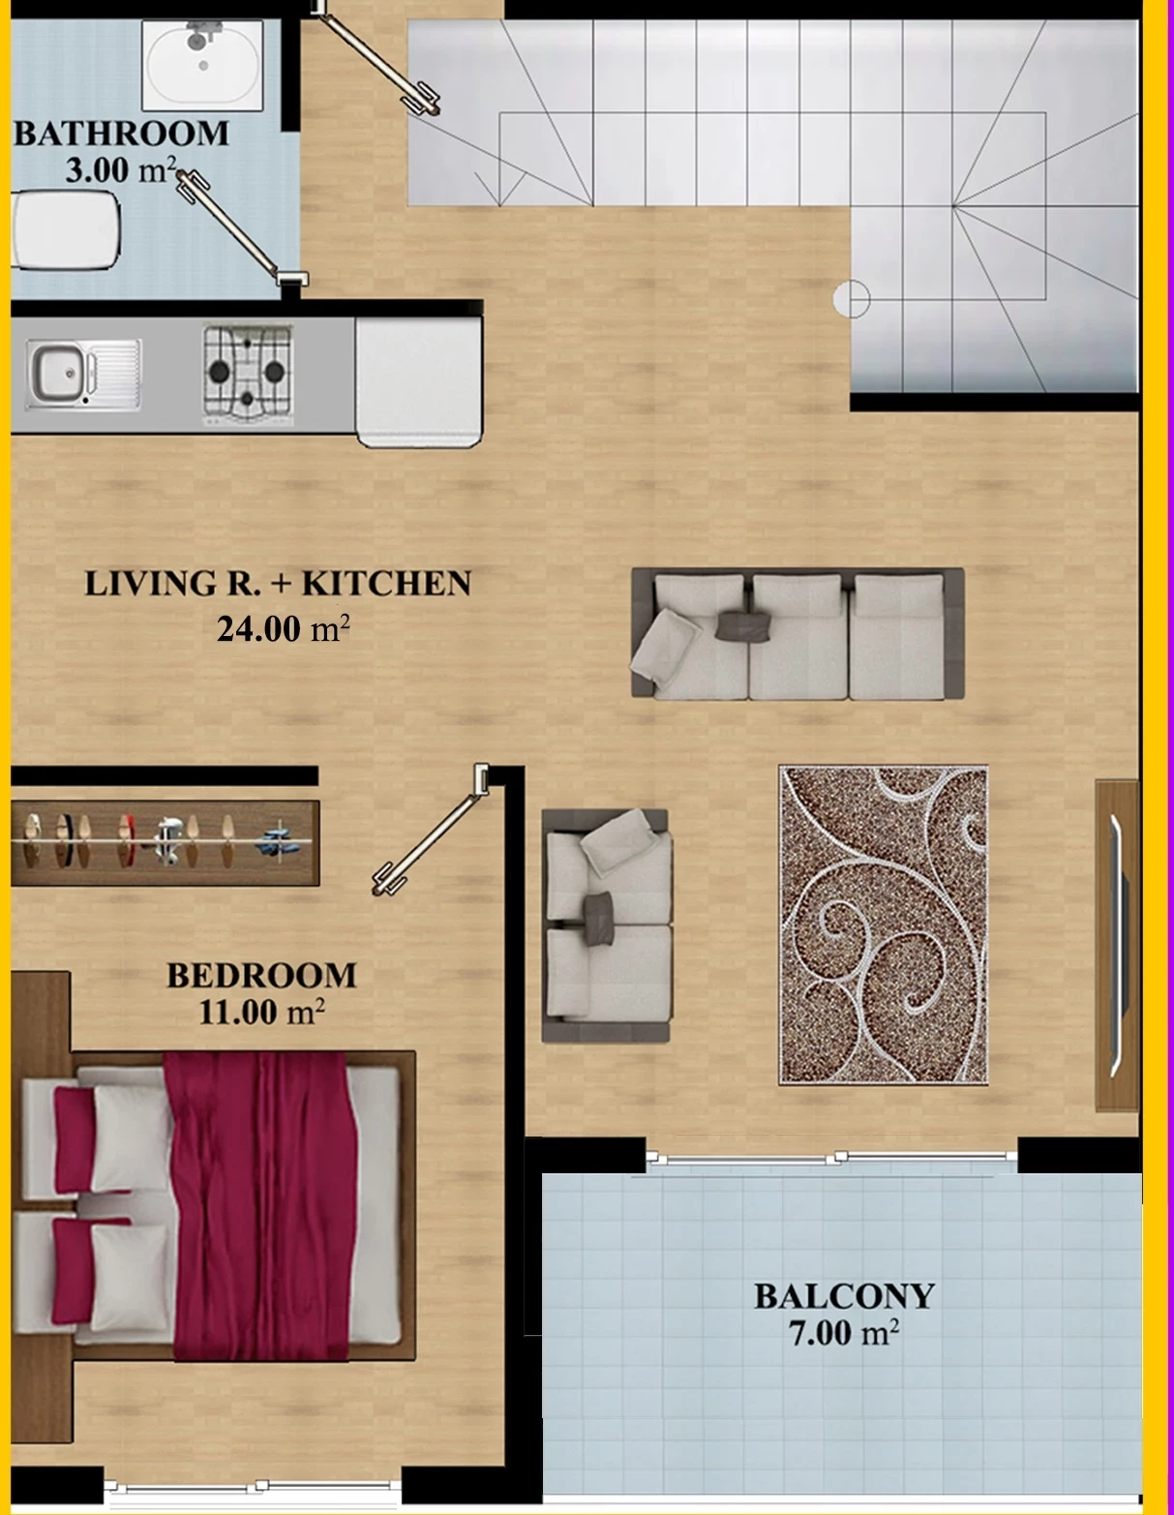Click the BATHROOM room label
click(121, 134)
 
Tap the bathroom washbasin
click(202, 65)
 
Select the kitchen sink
click(84, 374)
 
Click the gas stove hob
click(248, 375)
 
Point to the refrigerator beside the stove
click(419, 381)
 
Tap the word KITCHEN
click(387, 585)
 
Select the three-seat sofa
click(798, 634)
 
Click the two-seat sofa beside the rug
click(606, 925)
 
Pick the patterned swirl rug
click(884, 925)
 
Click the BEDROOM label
click(262, 976)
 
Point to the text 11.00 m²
click(262, 1013)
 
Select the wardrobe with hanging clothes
click(166, 843)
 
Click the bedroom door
click(430, 831)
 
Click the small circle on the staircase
click(852, 299)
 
